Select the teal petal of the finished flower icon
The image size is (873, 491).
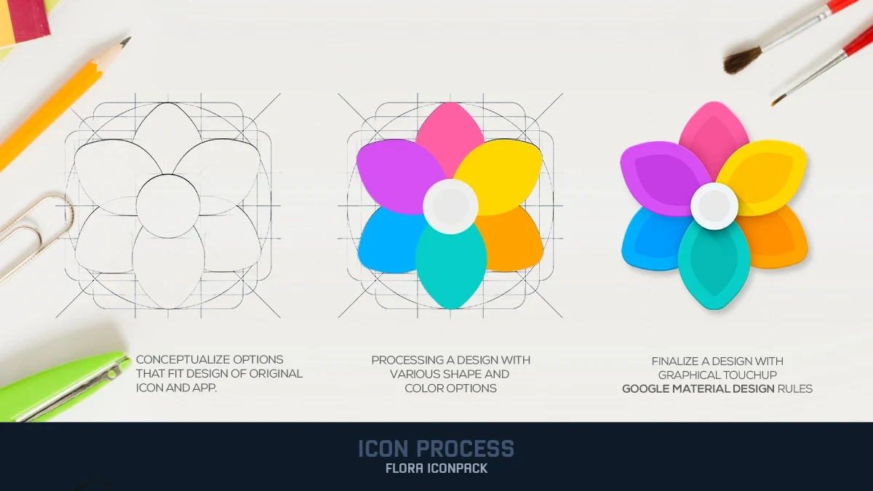pos(714,269)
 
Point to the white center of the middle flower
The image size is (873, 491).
pos(450,206)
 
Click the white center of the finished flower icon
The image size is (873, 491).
pos(714,206)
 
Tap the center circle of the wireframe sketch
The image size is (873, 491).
pos(168,206)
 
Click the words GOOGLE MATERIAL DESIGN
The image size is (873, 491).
pos(698,388)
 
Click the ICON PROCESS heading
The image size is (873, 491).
pos(436,449)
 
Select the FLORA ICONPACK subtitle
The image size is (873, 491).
pos(436,468)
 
